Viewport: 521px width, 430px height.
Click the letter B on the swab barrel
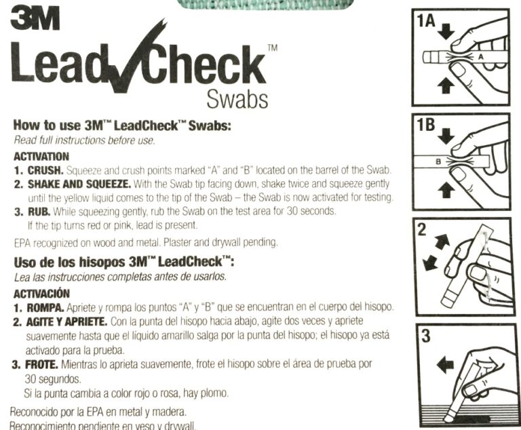coord(437,161)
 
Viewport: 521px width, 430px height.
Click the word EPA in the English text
coord(23,242)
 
